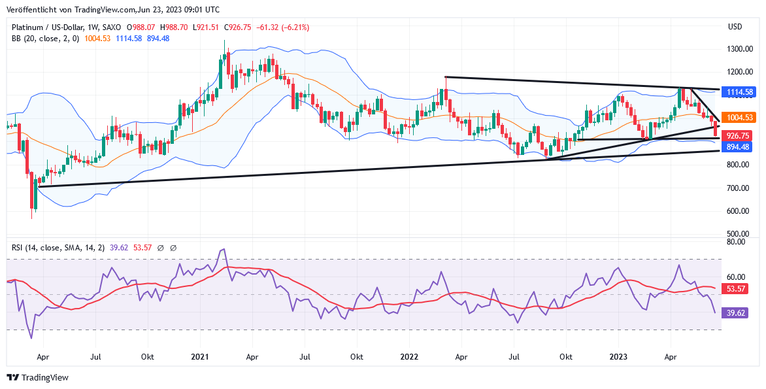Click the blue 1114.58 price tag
[740, 92]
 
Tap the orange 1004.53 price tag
[740, 118]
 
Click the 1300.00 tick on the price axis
[741, 49]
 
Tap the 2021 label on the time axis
[200, 358]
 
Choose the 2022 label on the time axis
[409, 358]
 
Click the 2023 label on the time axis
[618, 358]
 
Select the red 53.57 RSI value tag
[736, 288]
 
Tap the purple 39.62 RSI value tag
[736, 313]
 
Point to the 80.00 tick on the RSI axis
[736, 242]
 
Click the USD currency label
[735, 27]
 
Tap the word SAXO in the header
[112, 27]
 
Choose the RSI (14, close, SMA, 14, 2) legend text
[58, 248]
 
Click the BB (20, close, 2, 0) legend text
[45, 39]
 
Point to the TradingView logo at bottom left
[37, 377]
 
